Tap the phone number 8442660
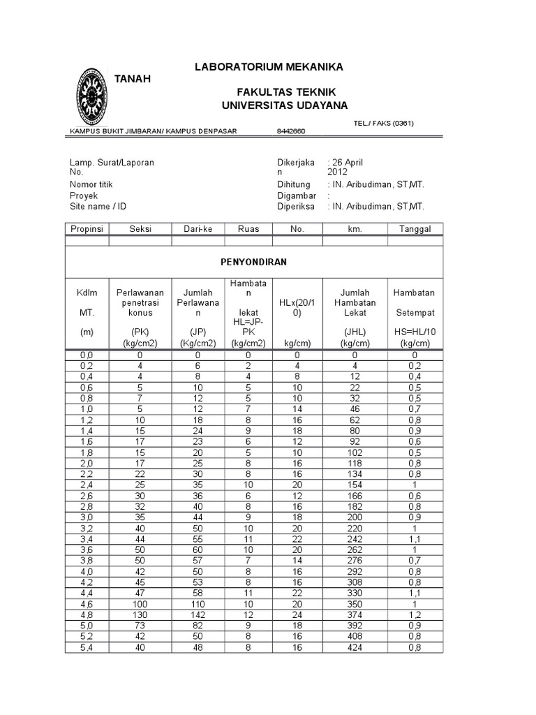click(291, 131)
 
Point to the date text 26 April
click(345, 162)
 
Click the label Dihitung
click(294, 184)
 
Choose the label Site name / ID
click(98, 207)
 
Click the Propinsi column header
click(87, 229)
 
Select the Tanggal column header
click(415, 229)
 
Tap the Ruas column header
click(248, 229)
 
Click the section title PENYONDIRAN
click(253, 262)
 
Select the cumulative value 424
click(356, 647)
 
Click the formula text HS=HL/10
click(415, 332)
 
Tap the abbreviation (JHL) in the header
click(356, 332)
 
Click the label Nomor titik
click(91, 184)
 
